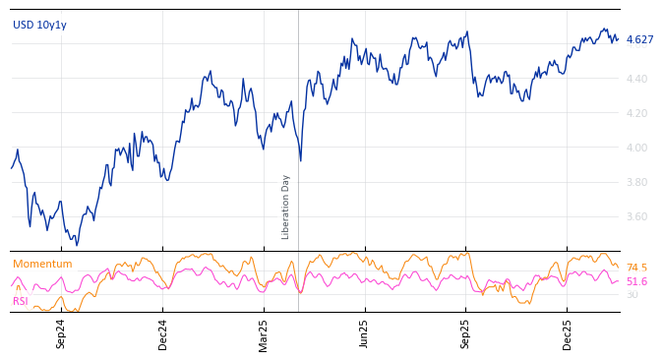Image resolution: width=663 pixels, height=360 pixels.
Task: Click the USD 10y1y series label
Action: (39, 26)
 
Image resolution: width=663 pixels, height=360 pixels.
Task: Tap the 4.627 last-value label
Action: (639, 40)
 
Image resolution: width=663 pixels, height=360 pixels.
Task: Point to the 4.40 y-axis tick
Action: (637, 79)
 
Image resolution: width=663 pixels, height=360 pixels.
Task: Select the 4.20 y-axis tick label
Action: (637, 113)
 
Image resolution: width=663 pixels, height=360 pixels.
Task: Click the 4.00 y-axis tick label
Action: (637, 148)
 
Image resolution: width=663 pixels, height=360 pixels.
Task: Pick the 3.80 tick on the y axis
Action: (637, 182)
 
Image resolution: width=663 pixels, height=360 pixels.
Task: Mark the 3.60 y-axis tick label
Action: (637, 216)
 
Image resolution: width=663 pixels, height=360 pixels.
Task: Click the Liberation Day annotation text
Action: (286, 207)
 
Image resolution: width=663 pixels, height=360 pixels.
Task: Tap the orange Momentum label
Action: (42, 265)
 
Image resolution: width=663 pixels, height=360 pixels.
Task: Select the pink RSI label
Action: (21, 301)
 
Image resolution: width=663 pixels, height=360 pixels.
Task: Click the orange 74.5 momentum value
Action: (636, 268)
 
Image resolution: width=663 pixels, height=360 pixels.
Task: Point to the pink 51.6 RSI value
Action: (636, 281)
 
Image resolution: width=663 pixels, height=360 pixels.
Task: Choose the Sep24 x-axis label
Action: (61, 333)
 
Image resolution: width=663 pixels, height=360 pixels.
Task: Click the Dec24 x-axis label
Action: (163, 333)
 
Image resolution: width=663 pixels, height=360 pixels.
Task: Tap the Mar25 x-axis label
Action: (264, 333)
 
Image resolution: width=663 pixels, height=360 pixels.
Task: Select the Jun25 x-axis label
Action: (364, 333)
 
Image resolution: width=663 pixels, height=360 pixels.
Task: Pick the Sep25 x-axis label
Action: (465, 333)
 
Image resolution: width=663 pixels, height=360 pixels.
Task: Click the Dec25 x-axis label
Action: (568, 333)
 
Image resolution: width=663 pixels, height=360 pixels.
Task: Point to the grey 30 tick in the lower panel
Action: (633, 294)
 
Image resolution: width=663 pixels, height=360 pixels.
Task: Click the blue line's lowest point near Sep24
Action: (77, 244)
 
